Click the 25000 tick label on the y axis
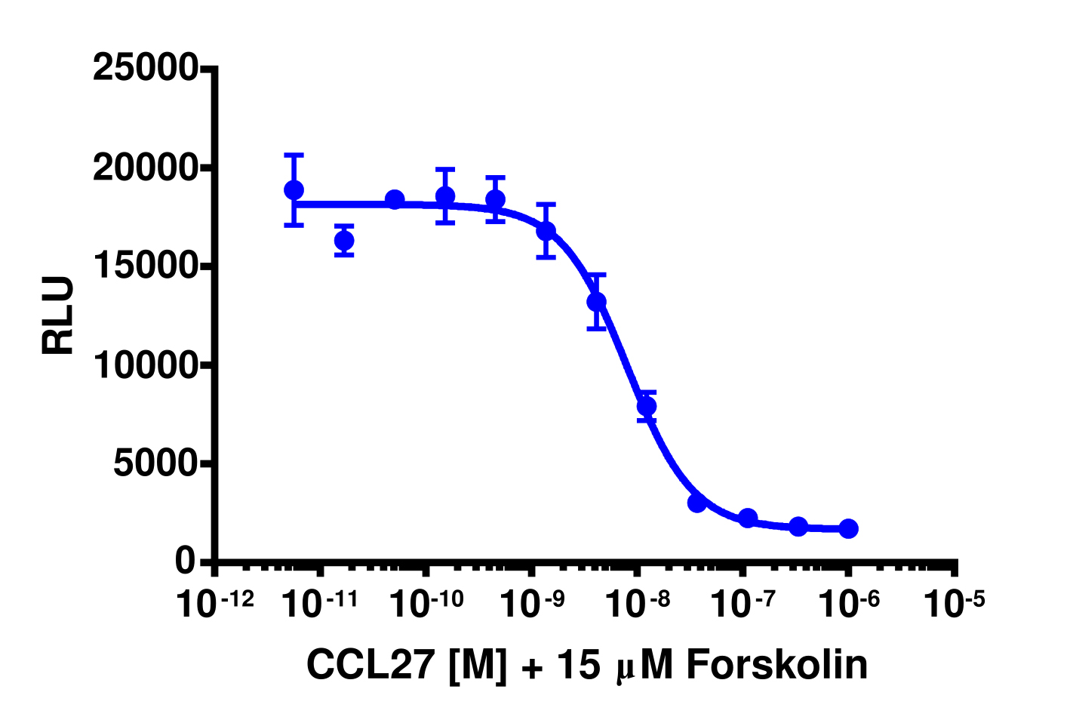pos(145,69)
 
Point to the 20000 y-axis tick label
pos(145,168)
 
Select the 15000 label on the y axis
pos(145,267)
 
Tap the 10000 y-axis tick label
pos(145,365)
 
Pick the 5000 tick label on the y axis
pos(155,464)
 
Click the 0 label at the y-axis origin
pos(186,561)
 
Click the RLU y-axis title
pos(58,315)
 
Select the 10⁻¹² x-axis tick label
pos(214,604)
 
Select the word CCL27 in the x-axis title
pos(371,665)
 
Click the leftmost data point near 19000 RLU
pos(294,190)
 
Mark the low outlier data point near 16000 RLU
pos(344,241)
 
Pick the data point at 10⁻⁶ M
pos(848,528)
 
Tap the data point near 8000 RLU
pos(647,406)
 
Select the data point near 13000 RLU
pos(597,302)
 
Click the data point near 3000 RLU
pos(697,503)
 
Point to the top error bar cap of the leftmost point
pos(294,155)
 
